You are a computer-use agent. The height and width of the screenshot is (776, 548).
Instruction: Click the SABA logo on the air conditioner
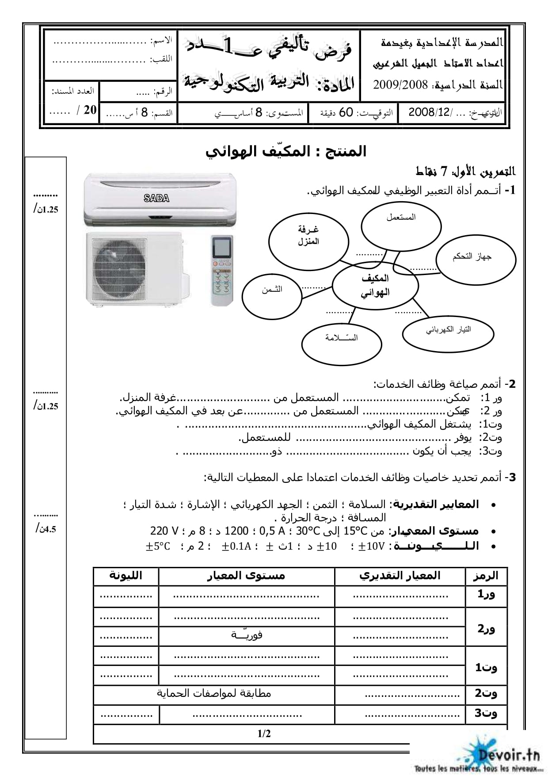click(156, 199)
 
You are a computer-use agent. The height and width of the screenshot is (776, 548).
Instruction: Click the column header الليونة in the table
click(126, 576)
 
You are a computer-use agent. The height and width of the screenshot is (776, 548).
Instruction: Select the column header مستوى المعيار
click(246, 576)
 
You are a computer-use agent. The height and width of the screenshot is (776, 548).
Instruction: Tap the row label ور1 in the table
click(486, 595)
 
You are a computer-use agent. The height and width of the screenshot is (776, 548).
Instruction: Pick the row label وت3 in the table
click(486, 713)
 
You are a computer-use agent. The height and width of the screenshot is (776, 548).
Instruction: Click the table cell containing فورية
click(247, 635)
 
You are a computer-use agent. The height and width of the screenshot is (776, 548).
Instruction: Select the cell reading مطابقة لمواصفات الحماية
click(214, 693)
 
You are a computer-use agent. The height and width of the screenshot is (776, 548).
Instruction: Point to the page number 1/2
click(264, 734)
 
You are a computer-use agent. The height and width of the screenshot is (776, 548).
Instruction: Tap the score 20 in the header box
click(90, 110)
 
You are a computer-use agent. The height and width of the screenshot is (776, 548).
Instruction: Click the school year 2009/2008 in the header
click(401, 85)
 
